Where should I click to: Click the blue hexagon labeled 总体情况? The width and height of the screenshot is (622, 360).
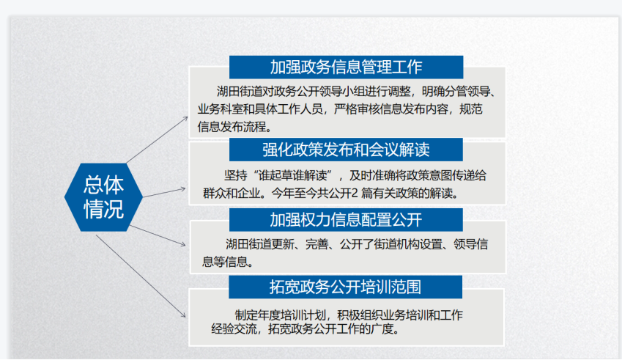point(103,197)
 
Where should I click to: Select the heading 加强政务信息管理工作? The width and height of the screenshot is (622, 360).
point(346,67)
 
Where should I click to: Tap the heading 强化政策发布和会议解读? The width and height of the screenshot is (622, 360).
point(346,150)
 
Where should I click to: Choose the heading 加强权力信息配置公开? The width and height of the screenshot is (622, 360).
point(346,220)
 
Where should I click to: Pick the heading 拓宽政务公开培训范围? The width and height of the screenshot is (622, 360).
point(345,287)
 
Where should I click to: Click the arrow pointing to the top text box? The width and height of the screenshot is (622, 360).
point(157,140)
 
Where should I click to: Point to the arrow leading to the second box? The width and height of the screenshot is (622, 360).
point(164,193)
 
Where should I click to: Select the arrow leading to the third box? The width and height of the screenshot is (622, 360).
point(158,235)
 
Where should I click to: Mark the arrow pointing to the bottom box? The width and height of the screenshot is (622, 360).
point(141,276)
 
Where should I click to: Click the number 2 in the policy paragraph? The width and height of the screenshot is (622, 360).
point(355,194)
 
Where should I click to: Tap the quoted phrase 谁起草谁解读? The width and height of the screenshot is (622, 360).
point(293,175)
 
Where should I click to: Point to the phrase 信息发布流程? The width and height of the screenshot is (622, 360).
point(232,127)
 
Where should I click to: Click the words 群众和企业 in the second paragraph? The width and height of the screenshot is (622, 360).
point(232,194)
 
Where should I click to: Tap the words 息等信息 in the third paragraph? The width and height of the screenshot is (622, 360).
point(225,262)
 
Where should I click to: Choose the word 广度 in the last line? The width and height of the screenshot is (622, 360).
point(382,329)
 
